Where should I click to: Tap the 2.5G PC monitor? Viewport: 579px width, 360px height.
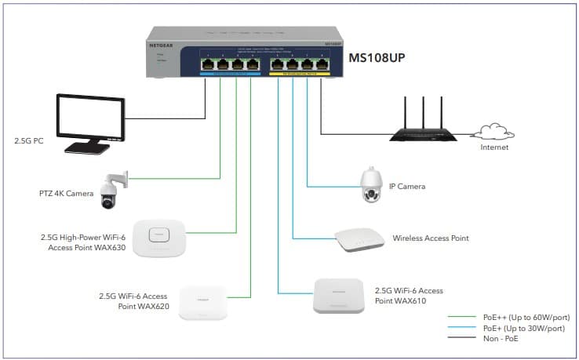88,122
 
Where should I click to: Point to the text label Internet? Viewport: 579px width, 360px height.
495,147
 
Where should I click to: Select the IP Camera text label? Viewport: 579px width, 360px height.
407,187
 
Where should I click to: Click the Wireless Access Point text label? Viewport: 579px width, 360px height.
432,238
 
